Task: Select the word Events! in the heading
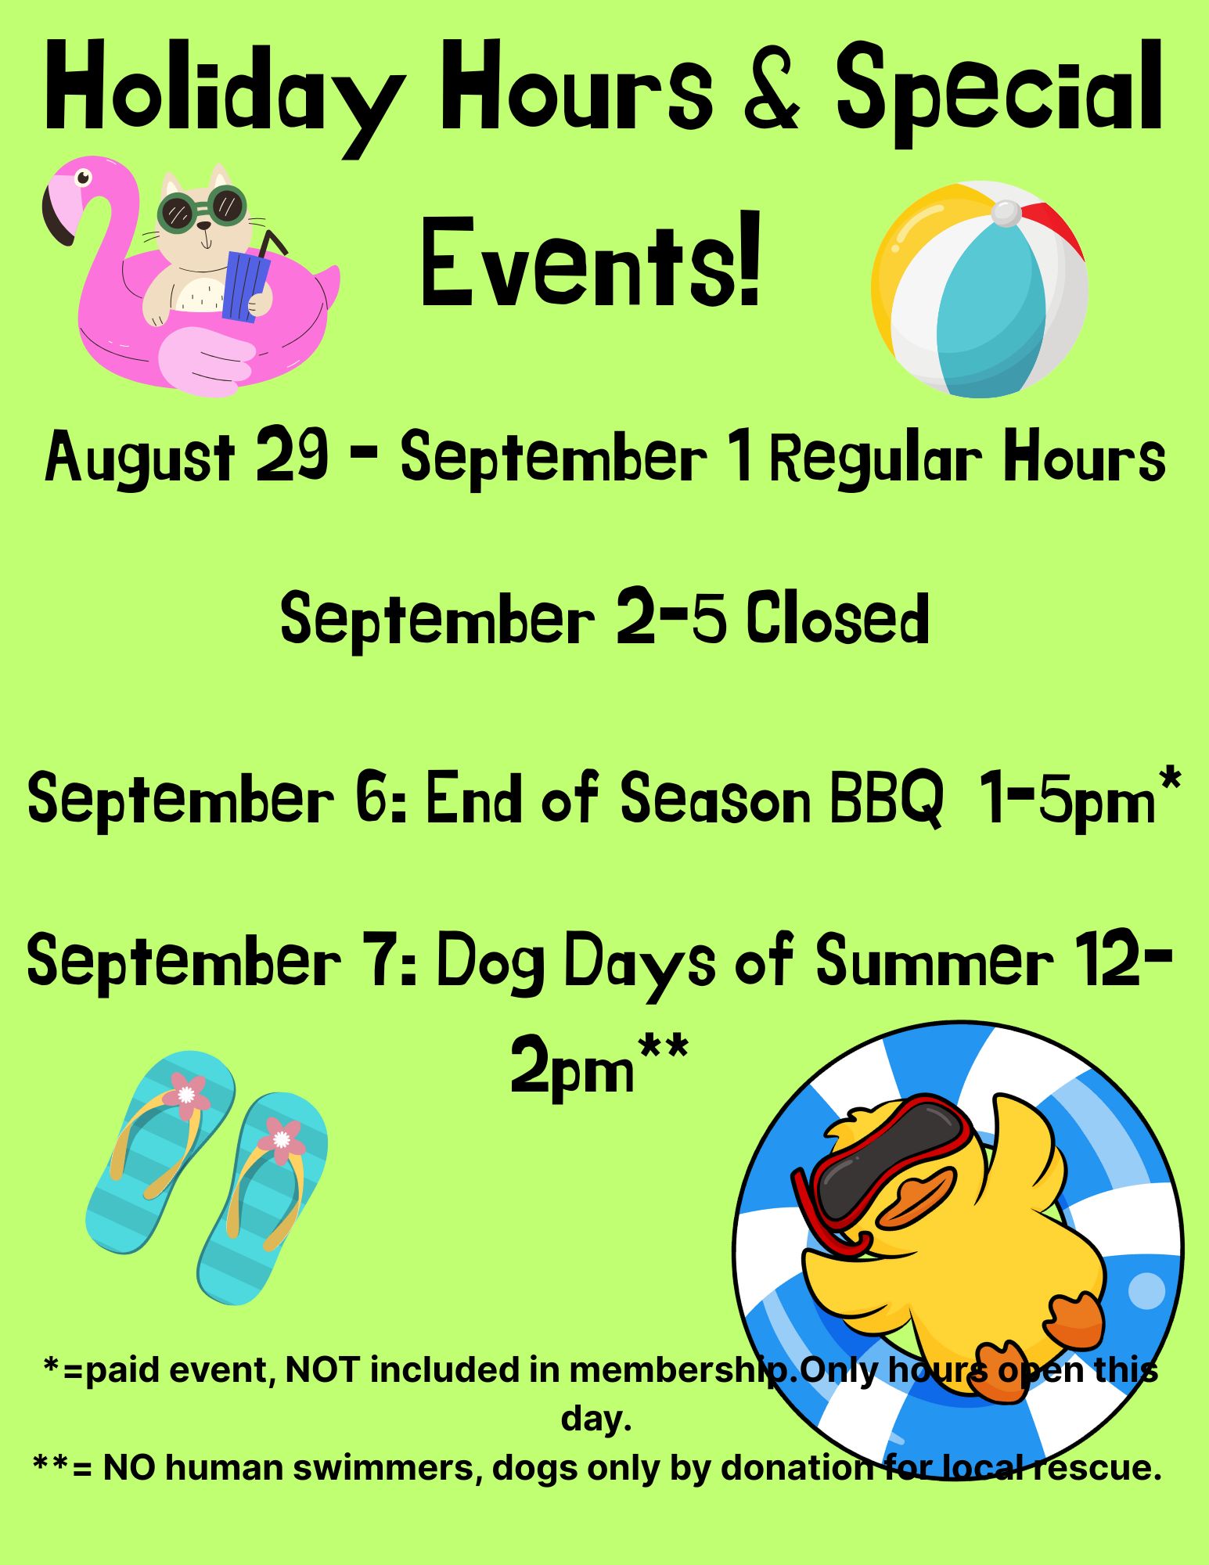point(591,262)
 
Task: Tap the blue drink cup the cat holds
point(244,286)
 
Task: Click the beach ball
point(980,290)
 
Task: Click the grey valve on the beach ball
point(1006,212)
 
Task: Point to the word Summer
point(934,959)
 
